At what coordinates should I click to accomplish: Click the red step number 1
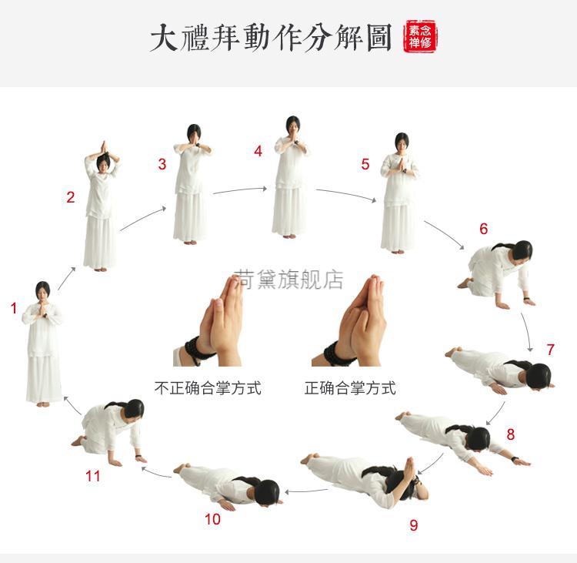tap(13, 309)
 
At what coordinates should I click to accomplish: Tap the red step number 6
tap(483, 229)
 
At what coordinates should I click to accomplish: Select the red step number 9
tap(414, 525)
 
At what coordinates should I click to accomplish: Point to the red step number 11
tap(93, 476)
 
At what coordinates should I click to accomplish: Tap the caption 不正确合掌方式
tap(208, 388)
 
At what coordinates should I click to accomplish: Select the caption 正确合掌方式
tap(350, 388)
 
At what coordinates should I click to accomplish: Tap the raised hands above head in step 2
tap(102, 149)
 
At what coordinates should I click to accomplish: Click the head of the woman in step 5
tap(402, 142)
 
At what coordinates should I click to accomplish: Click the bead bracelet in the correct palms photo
tap(339, 354)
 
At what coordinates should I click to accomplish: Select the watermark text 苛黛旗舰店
tap(288, 280)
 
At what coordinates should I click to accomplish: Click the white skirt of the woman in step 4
tap(289, 209)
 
